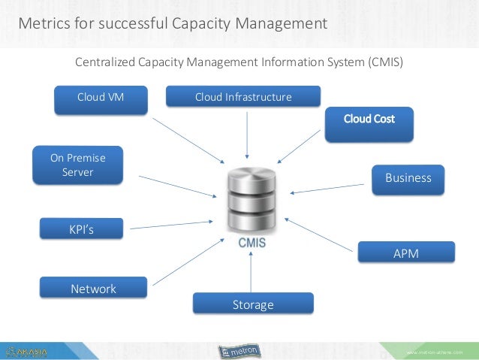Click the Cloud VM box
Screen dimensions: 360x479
pyautogui.click(x=101, y=98)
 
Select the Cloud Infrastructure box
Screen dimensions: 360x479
pyautogui.click(x=243, y=97)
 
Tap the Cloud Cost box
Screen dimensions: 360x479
pyautogui.click(x=369, y=120)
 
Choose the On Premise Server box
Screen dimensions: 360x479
pyautogui.click(x=77, y=165)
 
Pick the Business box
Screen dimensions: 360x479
pyautogui.click(x=408, y=178)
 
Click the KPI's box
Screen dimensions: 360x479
pyautogui.click(x=81, y=229)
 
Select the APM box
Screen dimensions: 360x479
pyautogui.click(x=405, y=253)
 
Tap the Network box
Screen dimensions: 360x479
pyautogui.click(x=93, y=289)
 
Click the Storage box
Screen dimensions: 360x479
pyautogui.click(x=252, y=304)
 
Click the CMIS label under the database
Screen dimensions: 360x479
pyautogui.click(x=252, y=244)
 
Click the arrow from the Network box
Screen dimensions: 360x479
pyautogui.click(x=187, y=263)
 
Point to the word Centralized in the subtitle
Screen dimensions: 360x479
pyautogui.click(x=107, y=62)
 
